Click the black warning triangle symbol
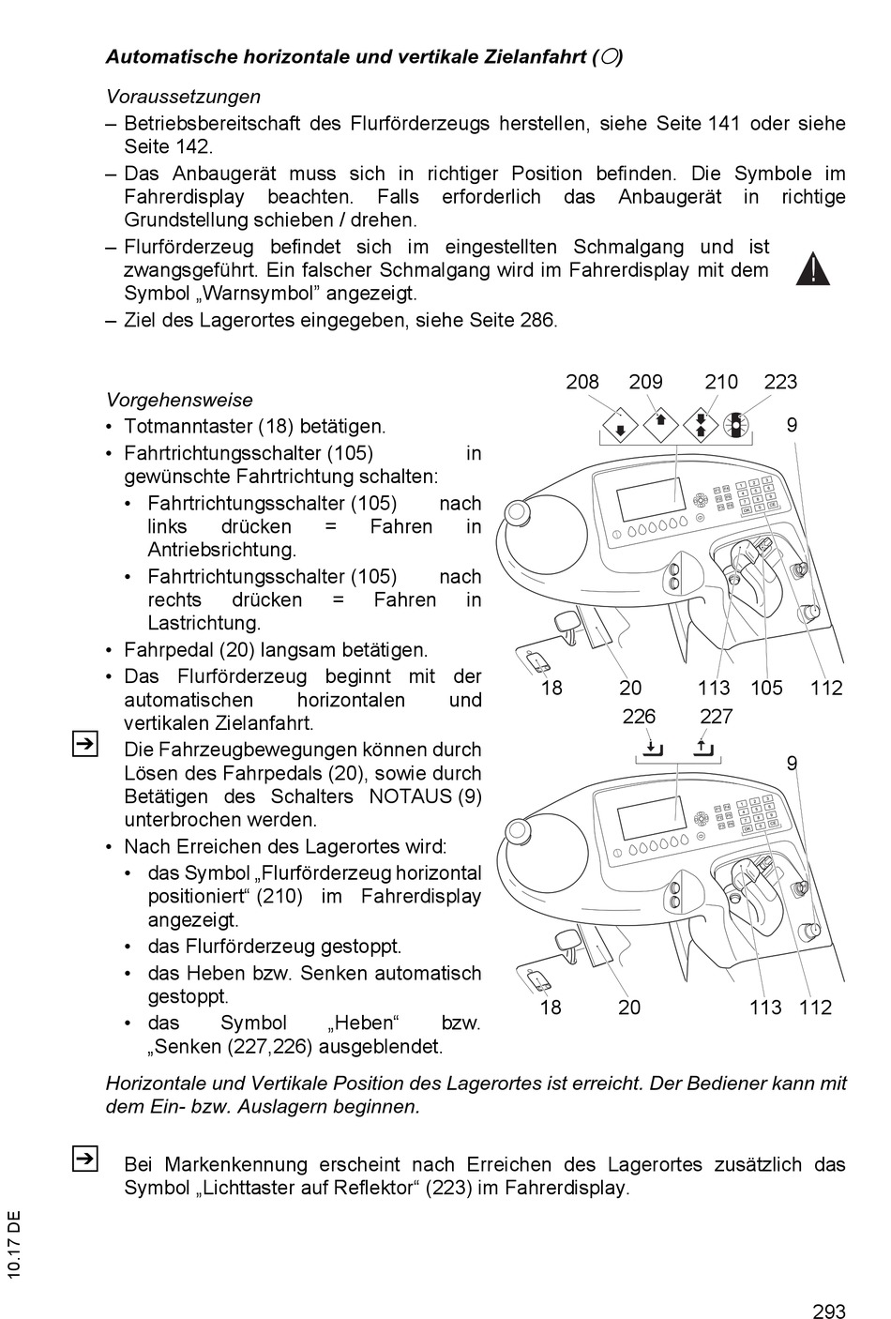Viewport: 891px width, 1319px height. [x=813, y=269]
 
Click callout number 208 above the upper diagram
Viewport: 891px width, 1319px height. [x=582, y=382]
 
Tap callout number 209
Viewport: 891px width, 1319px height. [x=645, y=382]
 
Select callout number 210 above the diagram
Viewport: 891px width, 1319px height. [x=721, y=382]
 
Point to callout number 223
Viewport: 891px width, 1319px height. [x=780, y=382]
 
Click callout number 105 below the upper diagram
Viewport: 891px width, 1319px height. [x=766, y=688]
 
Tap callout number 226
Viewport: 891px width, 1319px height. [x=639, y=717]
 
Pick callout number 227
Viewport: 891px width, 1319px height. [x=716, y=717]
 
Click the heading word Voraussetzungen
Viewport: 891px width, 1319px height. [x=183, y=97]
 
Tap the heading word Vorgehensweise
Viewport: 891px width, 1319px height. [x=179, y=400]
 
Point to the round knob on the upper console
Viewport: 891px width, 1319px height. [x=515, y=512]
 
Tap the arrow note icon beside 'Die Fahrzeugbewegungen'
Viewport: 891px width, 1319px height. [x=83, y=745]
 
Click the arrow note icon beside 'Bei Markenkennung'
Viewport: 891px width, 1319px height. [x=83, y=1160]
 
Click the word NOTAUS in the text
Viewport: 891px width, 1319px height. [x=410, y=796]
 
